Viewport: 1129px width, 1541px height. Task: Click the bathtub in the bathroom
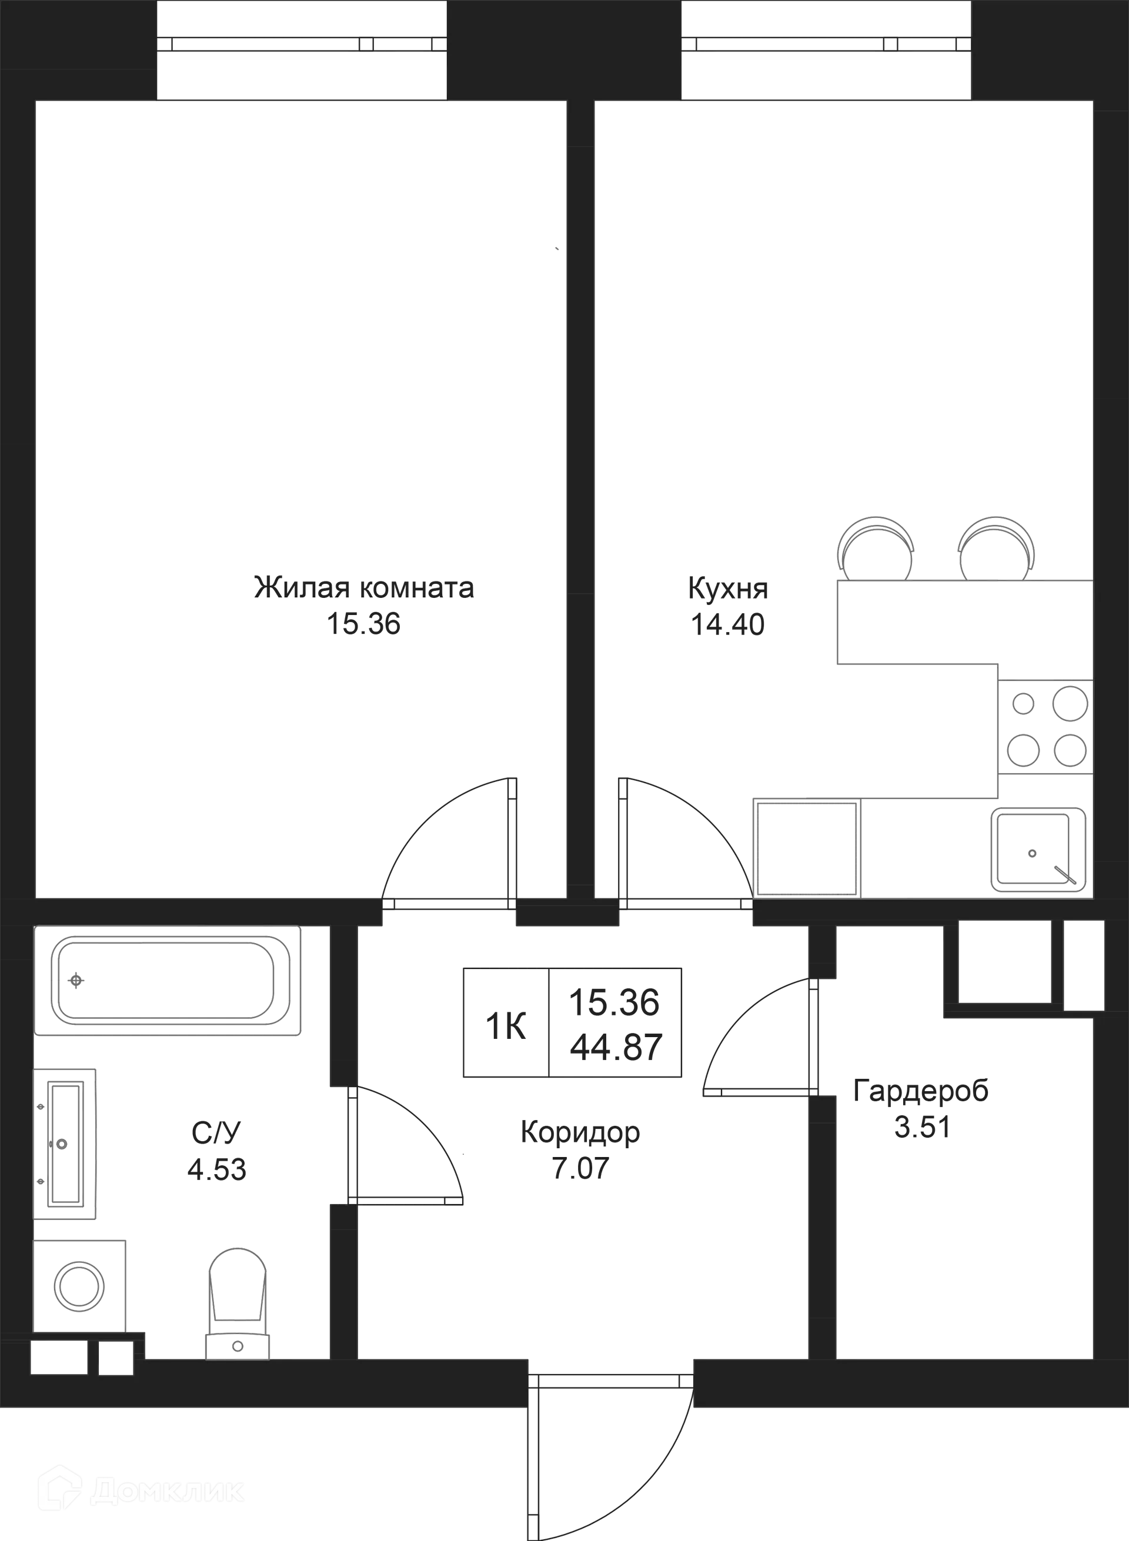click(x=168, y=981)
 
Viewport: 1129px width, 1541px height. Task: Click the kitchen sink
click(x=1037, y=849)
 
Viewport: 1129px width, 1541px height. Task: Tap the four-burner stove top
click(x=1046, y=727)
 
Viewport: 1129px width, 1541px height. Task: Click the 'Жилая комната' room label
click(x=362, y=589)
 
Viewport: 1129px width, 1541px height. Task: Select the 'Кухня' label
click(x=729, y=589)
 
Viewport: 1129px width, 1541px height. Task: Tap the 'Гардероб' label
click(x=922, y=1092)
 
